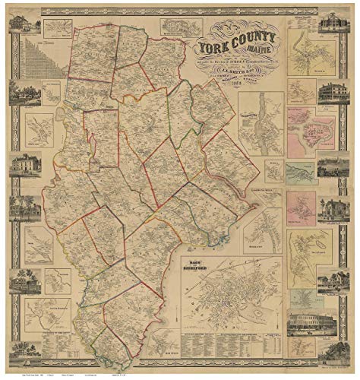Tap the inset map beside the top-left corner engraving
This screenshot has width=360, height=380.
pyautogui.click(x=58, y=29)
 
